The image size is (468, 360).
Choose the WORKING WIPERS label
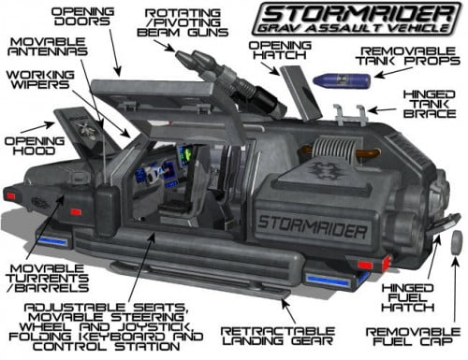point(40,81)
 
